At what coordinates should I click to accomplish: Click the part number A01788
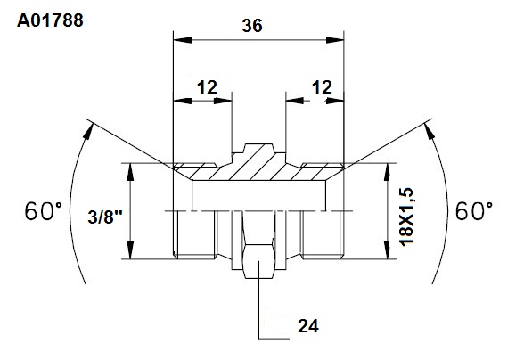point(50,20)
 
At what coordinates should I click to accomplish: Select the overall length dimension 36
point(252,26)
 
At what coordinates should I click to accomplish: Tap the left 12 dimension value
point(207,87)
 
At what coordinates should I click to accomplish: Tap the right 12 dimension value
point(322,87)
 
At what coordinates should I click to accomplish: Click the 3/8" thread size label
point(105,217)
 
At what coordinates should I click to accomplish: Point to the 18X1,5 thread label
point(406,217)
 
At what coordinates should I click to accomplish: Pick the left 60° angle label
point(43,211)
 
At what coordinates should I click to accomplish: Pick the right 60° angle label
point(474,211)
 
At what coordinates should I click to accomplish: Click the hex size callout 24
point(308,326)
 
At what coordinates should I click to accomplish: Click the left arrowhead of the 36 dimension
point(182,40)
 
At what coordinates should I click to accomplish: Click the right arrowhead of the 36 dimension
point(335,40)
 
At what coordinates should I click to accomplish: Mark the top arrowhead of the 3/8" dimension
point(130,172)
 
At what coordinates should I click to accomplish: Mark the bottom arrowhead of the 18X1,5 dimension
point(388,250)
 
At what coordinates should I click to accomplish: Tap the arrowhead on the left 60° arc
point(88,131)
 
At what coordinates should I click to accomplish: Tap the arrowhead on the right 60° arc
point(430,131)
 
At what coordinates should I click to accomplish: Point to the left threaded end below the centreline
point(194,234)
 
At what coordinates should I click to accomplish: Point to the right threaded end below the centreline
point(323,234)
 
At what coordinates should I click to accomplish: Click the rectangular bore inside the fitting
point(259,196)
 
